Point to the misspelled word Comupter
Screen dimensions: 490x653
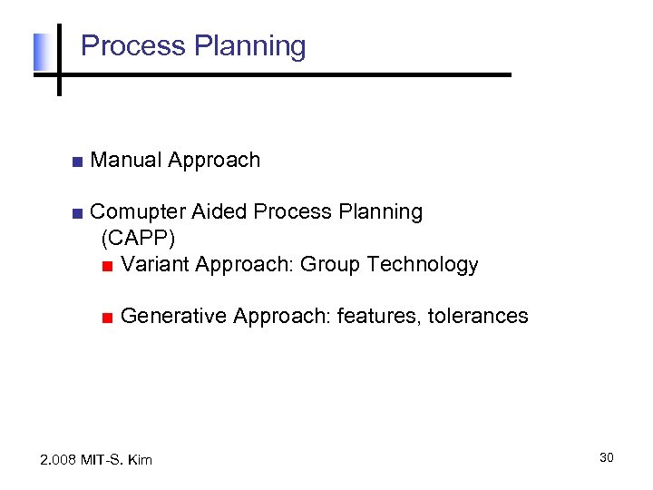pos(138,212)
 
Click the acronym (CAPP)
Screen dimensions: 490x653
pos(138,238)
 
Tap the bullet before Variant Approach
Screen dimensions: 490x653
pos(107,266)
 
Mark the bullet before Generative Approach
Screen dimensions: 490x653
pos(107,318)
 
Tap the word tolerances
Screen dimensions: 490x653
pos(478,316)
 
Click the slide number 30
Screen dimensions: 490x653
pos(606,457)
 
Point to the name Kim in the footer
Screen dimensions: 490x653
pos(140,460)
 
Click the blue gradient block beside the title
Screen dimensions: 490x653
pos(40,53)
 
